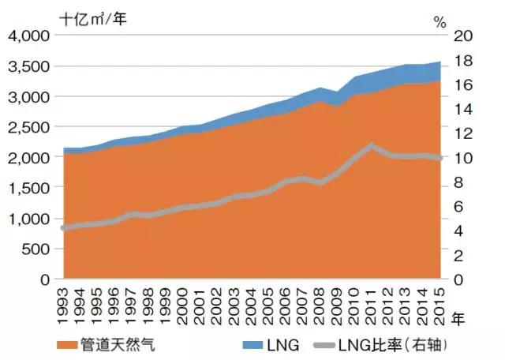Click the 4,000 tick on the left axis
click(x=28, y=36)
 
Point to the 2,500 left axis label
click(x=28, y=127)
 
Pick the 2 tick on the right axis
click(x=462, y=255)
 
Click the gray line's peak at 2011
click(x=371, y=146)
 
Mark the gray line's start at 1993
click(x=64, y=227)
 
